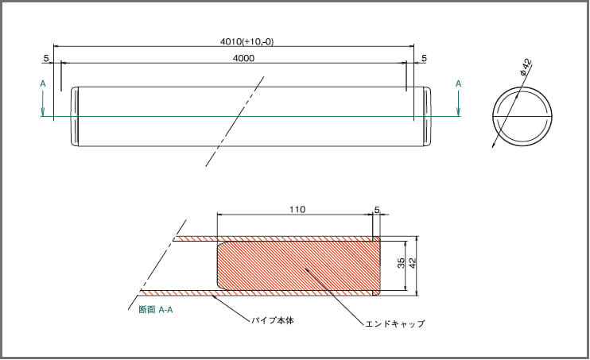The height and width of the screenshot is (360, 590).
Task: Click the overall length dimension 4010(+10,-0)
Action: (x=246, y=41)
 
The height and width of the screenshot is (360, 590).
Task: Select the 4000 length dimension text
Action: (x=243, y=58)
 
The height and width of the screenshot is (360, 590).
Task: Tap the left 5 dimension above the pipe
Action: (x=46, y=58)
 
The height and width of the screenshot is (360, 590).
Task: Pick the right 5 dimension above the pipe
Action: (x=424, y=58)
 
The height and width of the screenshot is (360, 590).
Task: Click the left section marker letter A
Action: (x=43, y=83)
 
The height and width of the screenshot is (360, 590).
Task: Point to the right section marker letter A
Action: (x=458, y=83)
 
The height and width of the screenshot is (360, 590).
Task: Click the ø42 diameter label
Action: (x=526, y=67)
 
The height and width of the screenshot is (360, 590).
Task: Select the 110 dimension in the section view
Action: (x=297, y=210)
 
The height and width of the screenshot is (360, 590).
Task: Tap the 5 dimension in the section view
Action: (x=377, y=210)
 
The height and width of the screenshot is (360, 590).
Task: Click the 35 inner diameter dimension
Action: (x=401, y=263)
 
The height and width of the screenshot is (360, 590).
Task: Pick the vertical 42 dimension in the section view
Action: (x=413, y=263)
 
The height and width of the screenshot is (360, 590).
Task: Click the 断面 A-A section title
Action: (x=156, y=310)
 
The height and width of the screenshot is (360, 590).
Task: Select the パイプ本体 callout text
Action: (x=273, y=321)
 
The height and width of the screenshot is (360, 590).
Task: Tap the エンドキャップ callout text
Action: (x=394, y=323)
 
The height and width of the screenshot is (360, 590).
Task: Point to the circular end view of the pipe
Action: (x=522, y=116)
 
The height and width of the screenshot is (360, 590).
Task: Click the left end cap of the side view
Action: (x=75, y=117)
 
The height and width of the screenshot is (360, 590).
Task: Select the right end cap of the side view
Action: (x=427, y=117)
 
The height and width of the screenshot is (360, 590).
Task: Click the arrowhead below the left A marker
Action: (x=43, y=112)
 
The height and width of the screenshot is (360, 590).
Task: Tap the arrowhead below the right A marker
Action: (x=458, y=112)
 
